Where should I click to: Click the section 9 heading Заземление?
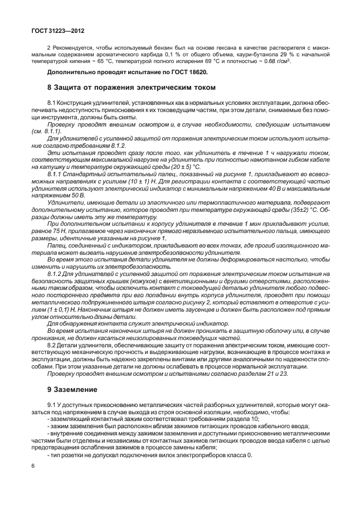(x=72, y=389)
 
